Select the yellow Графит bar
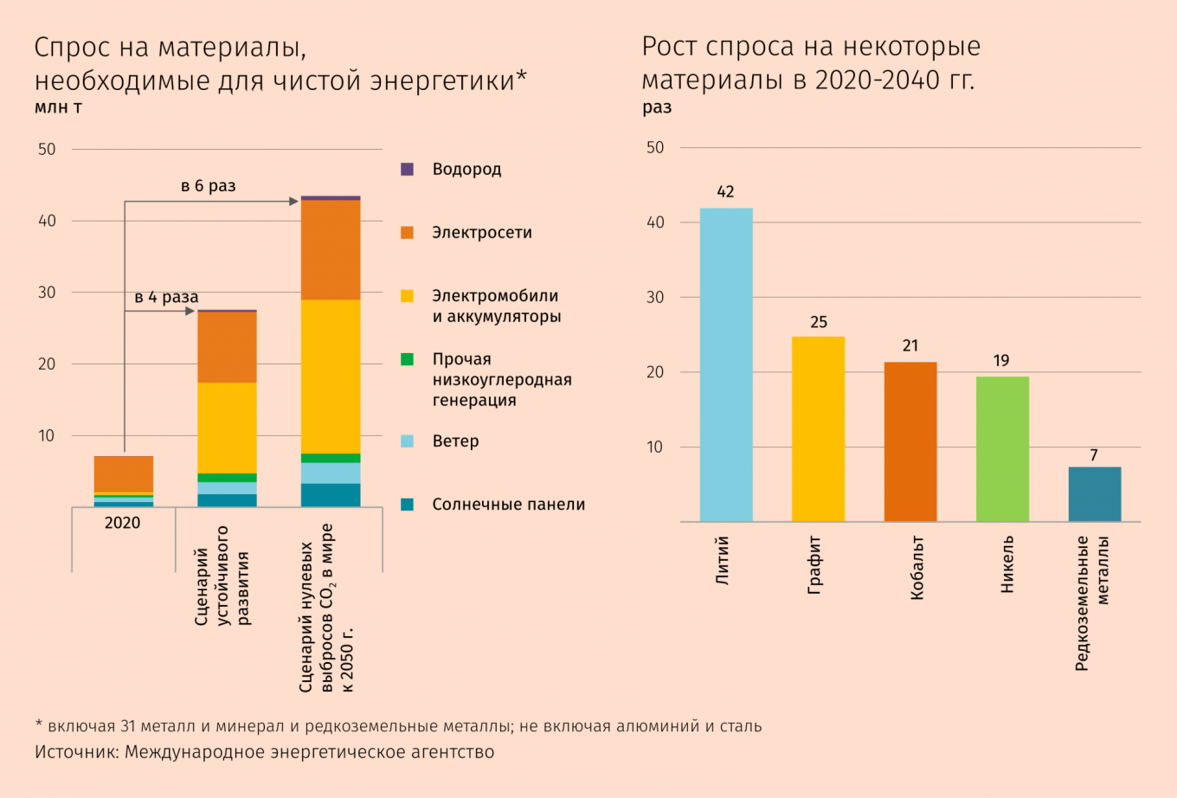tap(818, 429)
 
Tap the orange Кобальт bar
tap(910, 442)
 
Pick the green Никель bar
tap(1002, 449)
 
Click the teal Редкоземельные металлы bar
tap(1095, 494)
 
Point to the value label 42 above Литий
tap(725, 192)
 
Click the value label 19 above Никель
tap(1001, 361)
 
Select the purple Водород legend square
tap(408, 170)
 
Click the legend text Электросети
tap(482, 233)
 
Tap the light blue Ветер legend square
tap(408, 441)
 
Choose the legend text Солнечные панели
tap(509, 505)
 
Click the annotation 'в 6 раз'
tap(208, 186)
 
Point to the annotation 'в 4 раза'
tap(166, 298)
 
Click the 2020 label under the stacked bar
tap(122, 523)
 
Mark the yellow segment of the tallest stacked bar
tap(330, 376)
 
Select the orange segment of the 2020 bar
tap(124, 473)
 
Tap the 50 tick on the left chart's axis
tap(47, 150)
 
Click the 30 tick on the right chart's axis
tap(656, 298)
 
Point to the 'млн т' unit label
tap(58, 108)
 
